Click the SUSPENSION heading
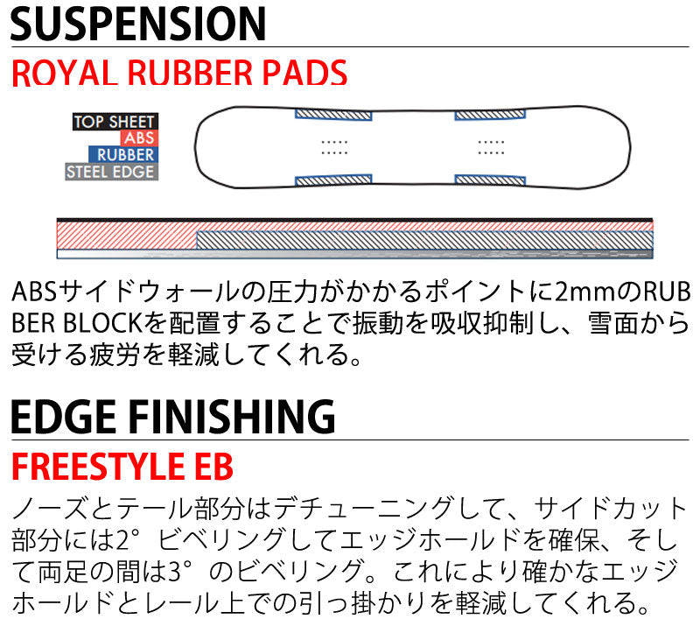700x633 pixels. click(x=138, y=24)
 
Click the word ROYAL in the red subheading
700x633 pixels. click(x=64, y=73)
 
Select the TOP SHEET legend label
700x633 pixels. click(x=115, y=121)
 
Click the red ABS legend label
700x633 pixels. click(x=139, y=138)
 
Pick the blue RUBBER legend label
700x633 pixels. click(x=123, y=155)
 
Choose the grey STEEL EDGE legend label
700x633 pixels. click(x=112, y=172)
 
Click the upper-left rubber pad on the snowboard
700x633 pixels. click(x=333, y=115)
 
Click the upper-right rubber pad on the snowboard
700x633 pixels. click(x=490, y=115)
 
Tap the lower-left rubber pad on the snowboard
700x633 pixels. click(x=333, y=180)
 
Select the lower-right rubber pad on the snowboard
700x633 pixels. click(x=490, y=180)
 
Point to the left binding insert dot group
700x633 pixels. click(x=334, y=147)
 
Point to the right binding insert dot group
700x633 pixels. click(x=491, y=147)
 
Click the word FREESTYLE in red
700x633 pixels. click(x=98, y=467)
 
